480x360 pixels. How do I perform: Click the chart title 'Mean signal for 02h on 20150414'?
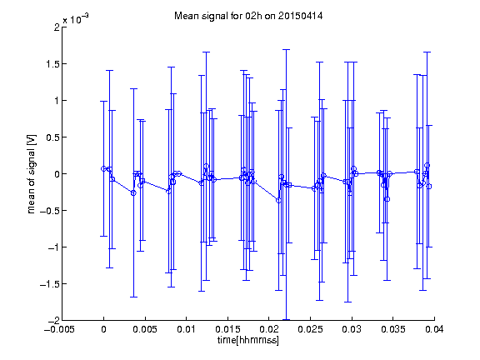248,16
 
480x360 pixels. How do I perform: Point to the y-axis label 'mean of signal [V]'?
31,174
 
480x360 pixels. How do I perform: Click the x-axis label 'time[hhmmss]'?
248,340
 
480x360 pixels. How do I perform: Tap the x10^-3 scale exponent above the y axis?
76,19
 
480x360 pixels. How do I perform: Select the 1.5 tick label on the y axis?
52,64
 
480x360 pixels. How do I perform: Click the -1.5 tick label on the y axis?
50,284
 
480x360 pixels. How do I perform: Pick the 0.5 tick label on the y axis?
52,137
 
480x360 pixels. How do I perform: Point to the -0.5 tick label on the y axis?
50,211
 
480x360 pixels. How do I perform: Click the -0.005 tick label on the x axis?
59,329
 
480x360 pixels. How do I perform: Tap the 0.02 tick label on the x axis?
269,329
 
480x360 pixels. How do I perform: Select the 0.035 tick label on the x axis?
392,329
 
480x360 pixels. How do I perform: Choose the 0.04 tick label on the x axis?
434,329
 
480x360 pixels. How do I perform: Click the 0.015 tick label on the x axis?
227,329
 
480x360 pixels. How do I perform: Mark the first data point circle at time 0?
104,168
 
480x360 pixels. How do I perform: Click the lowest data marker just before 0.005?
133,192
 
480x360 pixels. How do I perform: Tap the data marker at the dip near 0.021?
278,201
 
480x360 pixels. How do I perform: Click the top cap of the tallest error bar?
286,49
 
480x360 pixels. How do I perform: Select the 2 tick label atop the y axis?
57,27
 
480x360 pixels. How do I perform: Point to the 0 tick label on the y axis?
57,174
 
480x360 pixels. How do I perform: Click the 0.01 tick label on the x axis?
186,329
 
